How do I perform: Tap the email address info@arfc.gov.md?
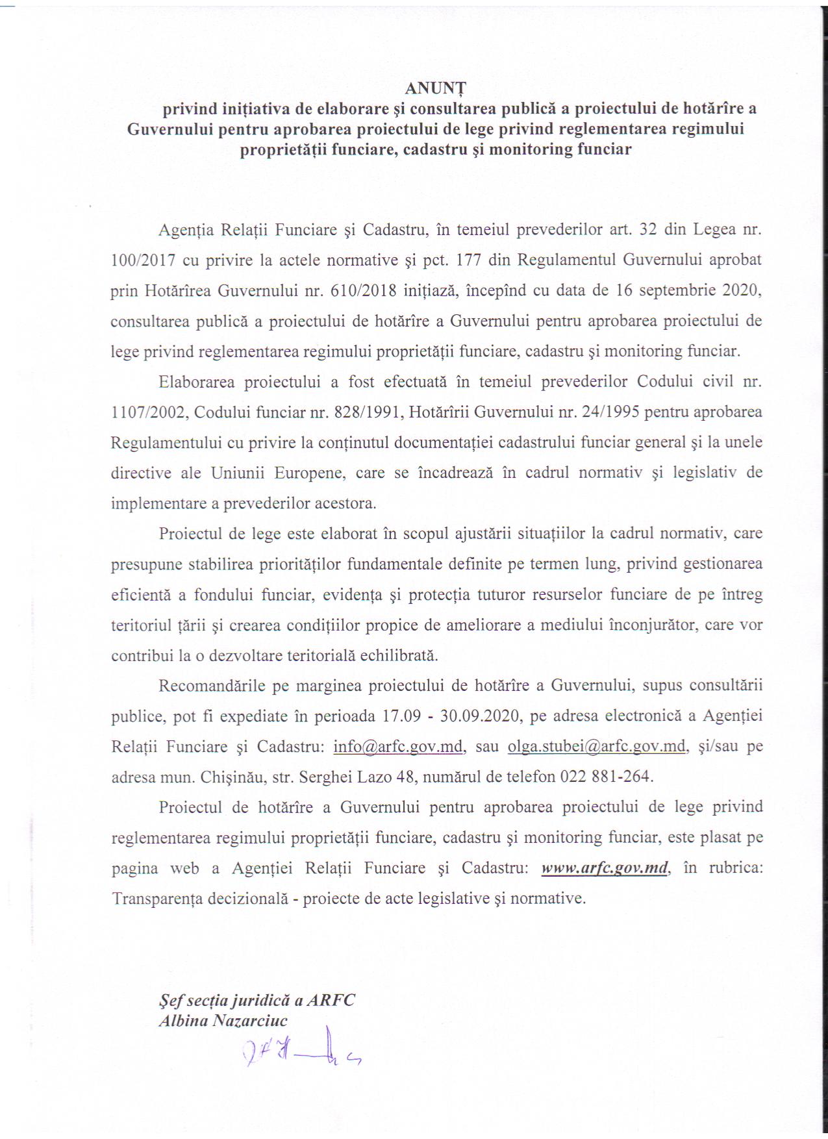tap(398, 746)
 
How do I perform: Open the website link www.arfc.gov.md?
tap(605, 868)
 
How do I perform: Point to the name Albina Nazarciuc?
tap(223, 1020)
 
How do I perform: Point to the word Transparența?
tap(156, 899)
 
